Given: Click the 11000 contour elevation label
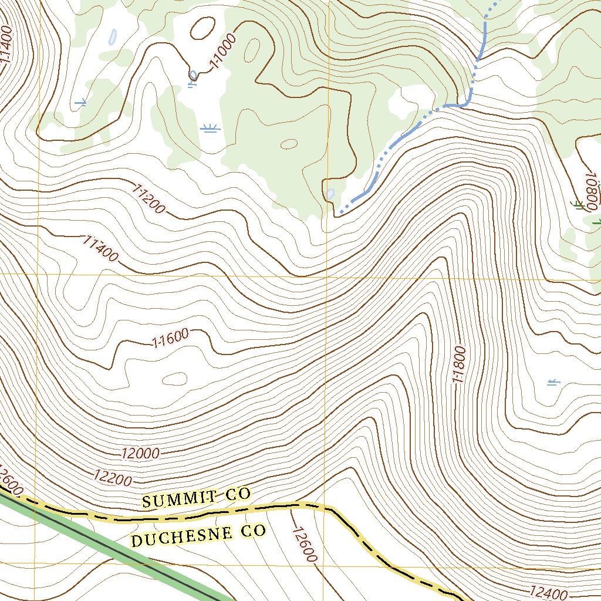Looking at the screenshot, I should pos(223,51).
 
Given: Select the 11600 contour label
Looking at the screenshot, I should pos(170,338).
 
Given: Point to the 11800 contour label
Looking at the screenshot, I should pos(459,364).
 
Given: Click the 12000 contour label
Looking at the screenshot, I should pos(141,453).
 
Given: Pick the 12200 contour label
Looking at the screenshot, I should pos(113,478).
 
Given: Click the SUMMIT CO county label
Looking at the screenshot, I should pos(197,498).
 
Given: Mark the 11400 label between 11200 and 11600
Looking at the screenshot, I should pos(100,248).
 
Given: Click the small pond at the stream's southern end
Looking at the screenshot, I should pos(330,193).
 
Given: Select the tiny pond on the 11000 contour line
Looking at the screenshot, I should pos(193,75).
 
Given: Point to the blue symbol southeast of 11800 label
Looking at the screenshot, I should pos(553,383).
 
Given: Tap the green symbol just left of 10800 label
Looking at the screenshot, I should pos(578,204).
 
